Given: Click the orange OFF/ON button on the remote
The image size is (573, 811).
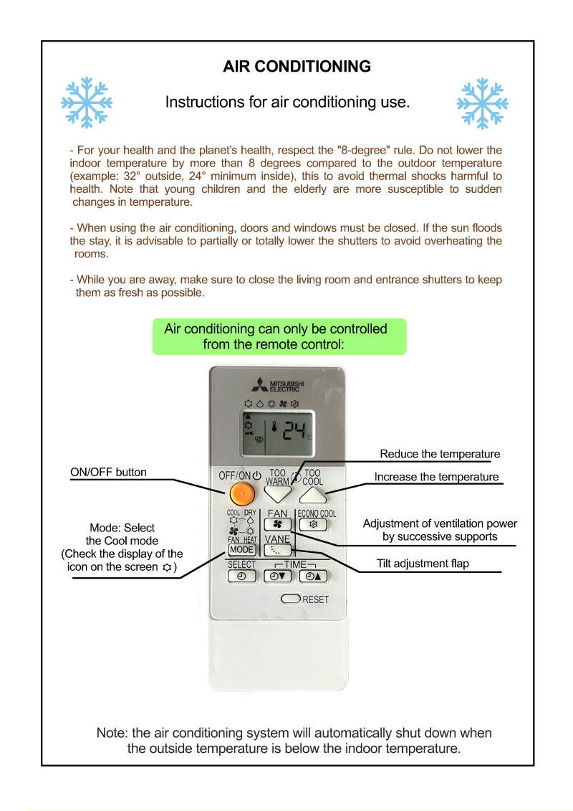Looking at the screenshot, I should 243,493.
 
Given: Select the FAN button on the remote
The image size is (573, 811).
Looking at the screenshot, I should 276,525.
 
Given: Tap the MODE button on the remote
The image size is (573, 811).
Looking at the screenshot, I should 241,550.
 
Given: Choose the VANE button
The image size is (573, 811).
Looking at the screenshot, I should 276,551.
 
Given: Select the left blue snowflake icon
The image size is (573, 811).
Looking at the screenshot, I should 86,103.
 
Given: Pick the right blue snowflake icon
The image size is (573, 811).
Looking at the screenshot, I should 482,103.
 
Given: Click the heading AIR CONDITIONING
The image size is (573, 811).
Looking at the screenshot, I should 297,67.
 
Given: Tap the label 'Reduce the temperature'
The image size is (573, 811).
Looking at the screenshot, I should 440,454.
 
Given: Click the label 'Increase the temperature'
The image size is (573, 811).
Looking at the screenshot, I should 436,477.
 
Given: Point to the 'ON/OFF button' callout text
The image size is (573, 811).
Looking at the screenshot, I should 108,472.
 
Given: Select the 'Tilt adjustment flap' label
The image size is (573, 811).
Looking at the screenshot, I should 423,564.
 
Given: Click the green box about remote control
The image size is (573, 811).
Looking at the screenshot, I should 279,336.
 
